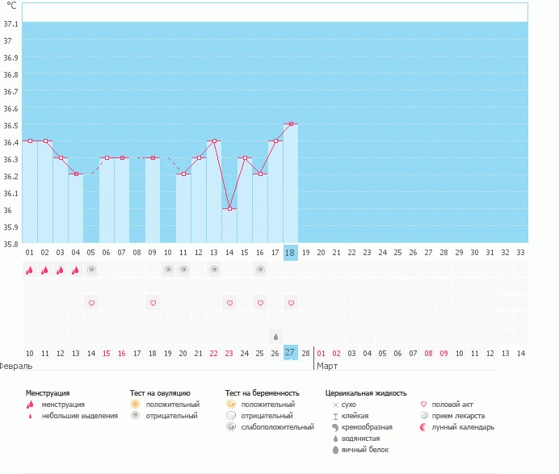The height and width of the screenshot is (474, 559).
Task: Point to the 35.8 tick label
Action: point(11,244)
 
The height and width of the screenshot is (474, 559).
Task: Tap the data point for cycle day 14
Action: point(229,209)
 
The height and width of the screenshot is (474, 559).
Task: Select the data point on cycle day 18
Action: point(291,124)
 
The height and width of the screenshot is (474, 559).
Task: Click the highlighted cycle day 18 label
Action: point(290,253)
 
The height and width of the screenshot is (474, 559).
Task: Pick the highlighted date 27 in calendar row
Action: point(290,352)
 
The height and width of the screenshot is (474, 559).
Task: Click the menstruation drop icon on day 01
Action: point(30,271)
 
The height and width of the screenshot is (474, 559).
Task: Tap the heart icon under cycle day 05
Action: point(91,303)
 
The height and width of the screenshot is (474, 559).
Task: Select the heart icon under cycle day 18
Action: point(291,303)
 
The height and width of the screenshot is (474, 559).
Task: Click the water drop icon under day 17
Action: point(275,336)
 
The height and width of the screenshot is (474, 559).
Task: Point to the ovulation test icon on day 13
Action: point(214,271)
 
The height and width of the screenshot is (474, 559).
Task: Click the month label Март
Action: point(327,366)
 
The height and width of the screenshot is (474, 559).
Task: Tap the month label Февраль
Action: point(16,366)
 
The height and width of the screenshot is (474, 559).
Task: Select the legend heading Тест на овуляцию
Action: point(160,392)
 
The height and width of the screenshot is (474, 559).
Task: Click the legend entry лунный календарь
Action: point(463,427)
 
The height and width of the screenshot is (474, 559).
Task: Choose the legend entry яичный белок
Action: point(360,450)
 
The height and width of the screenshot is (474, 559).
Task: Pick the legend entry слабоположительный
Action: point(277,427)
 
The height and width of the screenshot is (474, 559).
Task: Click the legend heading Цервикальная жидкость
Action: point(366,392)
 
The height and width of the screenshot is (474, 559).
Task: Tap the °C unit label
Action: point(11,6)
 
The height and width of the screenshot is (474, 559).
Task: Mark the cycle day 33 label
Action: point(520,253)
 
